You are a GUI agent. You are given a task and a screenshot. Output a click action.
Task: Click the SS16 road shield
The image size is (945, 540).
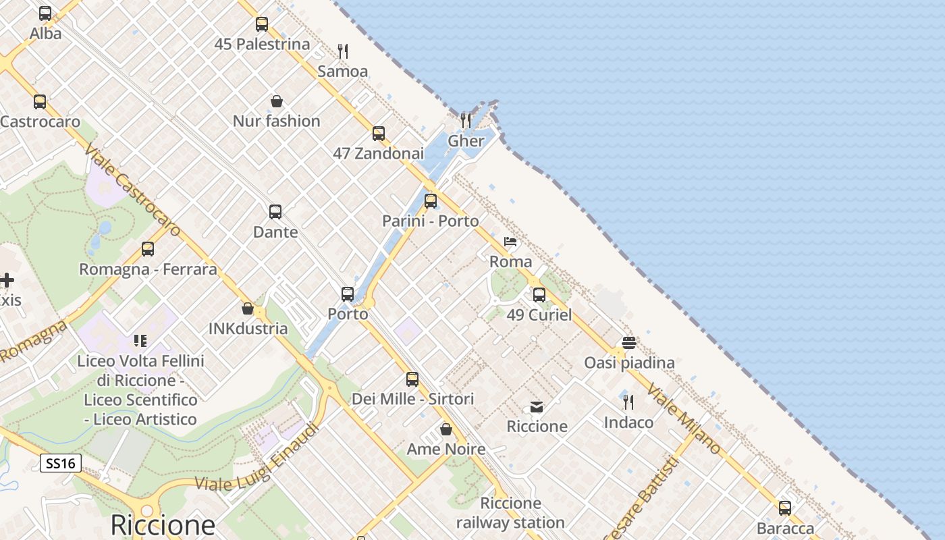click(x=61, y=463)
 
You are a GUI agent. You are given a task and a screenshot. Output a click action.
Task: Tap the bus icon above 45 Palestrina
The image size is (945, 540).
click(x=262, y=24)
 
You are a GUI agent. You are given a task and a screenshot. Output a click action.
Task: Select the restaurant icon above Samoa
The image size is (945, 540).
click(x=343, y=51)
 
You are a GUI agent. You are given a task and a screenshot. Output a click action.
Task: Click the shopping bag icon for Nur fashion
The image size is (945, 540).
click(x=276, y=101)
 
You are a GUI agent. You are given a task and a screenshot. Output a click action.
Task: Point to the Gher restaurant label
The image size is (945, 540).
click(x=466, y=141)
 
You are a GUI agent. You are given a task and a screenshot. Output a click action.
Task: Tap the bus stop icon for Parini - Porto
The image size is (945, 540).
click(x=431, y=200)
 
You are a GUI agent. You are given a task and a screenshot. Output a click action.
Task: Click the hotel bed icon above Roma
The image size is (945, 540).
click(x=510, y=242)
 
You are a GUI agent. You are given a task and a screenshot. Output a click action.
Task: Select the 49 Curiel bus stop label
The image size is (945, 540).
click(x=539, y=315)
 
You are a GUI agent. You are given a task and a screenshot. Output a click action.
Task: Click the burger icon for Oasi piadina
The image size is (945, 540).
click(x=629, y=343)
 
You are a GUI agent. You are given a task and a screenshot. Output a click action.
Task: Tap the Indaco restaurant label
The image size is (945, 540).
click(x=628, y=423)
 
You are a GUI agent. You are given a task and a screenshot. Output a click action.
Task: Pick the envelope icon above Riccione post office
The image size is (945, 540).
click(x=537, y=406)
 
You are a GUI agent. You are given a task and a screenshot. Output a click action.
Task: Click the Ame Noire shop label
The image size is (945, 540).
click(x=446, y=450)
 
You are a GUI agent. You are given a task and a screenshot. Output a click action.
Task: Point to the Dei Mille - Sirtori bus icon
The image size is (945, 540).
click(x=412, y=379)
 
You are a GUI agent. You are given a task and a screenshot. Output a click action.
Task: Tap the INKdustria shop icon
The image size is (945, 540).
click(x=248, y=308)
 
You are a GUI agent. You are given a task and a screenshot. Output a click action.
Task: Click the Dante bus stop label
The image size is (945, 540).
click(x=275, y=232)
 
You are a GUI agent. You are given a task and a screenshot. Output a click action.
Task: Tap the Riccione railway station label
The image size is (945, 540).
click(x=510, y=513)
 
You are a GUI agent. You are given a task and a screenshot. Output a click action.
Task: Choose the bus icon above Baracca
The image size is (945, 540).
click(x=785, y=508)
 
